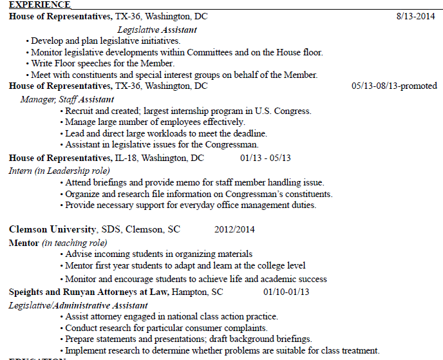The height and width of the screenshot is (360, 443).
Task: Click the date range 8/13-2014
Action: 416,16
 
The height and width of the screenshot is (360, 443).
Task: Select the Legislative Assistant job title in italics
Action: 157,30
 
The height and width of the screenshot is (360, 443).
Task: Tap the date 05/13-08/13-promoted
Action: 394,86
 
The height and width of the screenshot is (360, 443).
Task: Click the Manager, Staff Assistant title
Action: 67,99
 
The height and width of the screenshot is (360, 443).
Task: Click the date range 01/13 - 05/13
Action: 265,158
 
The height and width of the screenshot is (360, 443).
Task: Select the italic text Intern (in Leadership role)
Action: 59,171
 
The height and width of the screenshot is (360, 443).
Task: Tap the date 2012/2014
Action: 234,229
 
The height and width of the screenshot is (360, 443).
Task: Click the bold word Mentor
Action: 24,243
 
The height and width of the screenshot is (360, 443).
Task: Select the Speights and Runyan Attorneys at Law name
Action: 89,292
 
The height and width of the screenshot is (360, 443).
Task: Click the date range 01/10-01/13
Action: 286,292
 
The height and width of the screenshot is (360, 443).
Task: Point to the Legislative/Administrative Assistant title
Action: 78,305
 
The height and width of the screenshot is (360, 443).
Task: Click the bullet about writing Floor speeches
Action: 103,63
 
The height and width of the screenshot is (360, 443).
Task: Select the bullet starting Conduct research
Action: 166,328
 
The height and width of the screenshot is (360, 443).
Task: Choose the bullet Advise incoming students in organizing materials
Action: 158,254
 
